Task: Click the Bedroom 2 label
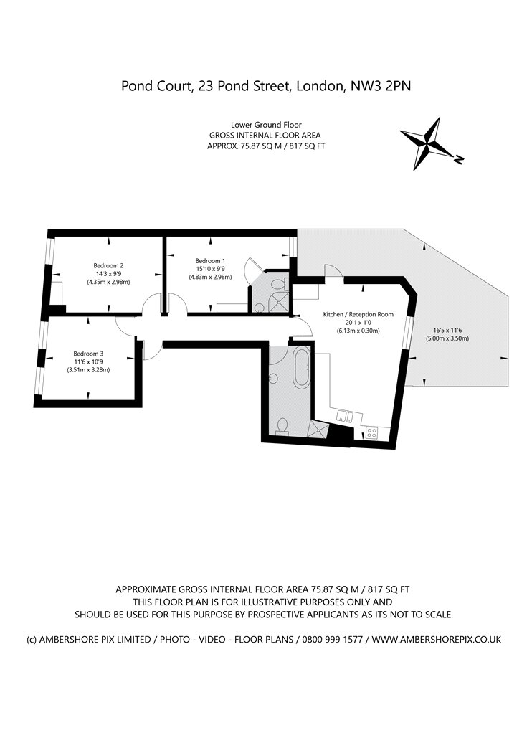coord(108,265)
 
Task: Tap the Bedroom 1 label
coord(210,261)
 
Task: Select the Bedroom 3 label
coord(88,354)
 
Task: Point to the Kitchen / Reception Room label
coord(358,315)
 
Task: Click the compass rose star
coord(427,143)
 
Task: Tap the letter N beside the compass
coord(459,159)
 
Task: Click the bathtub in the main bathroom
coord(302,368)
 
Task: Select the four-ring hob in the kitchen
coord(371,432)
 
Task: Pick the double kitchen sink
coord(346,416)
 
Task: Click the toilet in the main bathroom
coord(282,425)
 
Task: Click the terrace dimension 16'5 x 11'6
coord(447,331)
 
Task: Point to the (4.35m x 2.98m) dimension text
coord(108,283)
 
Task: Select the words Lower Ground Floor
coord(266,125)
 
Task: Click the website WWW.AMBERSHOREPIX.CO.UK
coord(437,639)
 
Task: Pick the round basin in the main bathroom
coord(273,379)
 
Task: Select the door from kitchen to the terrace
coord(334,271)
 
